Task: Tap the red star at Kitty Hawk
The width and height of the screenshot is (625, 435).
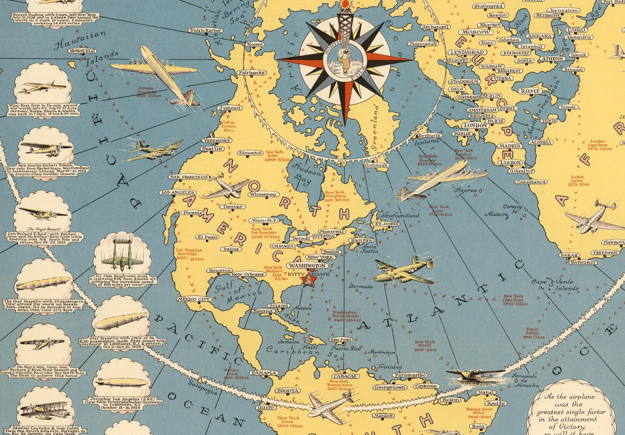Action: (x=309, y=280)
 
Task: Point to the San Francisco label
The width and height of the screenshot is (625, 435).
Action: (x=189, y=177)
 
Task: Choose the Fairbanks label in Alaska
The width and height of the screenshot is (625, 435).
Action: (x=252, y=73)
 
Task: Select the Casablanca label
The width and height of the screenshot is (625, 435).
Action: (x=531, y=182)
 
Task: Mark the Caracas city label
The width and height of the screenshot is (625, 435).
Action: (x=345, y=376)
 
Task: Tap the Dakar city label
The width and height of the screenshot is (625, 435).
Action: (x=569, y=255)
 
